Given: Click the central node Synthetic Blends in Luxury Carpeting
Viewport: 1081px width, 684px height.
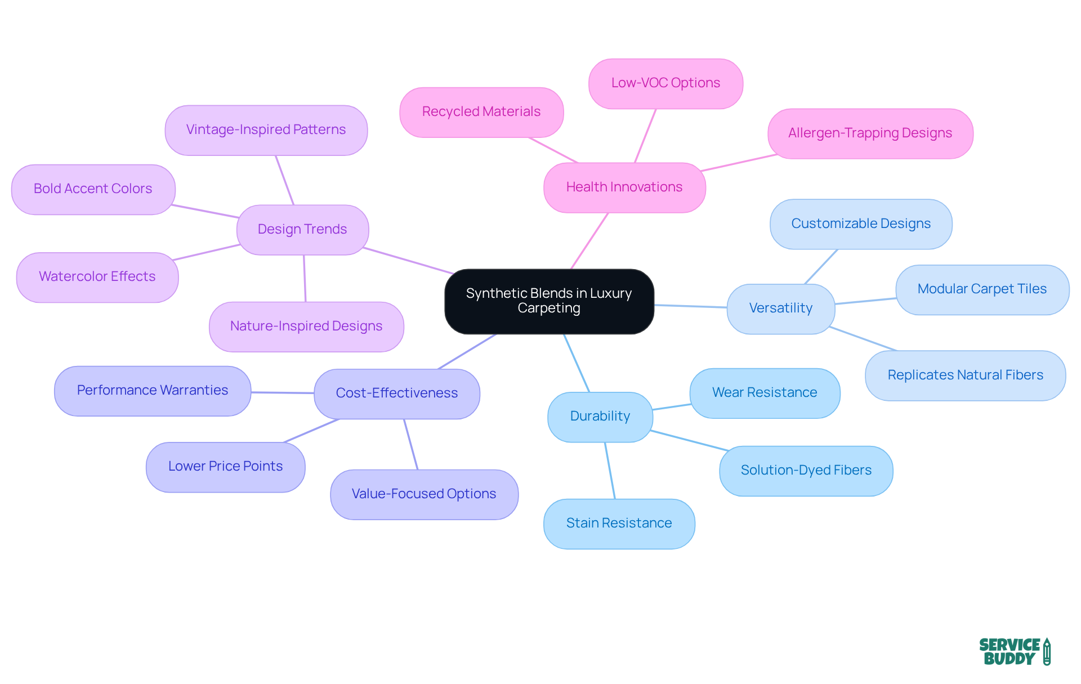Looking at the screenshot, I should point(549,301).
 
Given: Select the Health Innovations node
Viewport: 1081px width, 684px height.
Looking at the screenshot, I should point(624,187).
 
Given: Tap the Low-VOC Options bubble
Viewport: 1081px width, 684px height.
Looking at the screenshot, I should point(665,83).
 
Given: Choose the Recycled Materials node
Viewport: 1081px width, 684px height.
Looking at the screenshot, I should point(481,112).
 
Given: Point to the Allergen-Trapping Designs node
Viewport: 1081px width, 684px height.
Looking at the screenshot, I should point(870,133).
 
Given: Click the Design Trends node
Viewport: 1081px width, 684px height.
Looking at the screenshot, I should point(302,230).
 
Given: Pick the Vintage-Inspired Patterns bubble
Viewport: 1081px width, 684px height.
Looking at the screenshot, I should point(266,130).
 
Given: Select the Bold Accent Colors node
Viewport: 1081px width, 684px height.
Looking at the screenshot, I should point(93,189).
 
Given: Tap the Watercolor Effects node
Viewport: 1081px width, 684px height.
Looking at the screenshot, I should point(97,277).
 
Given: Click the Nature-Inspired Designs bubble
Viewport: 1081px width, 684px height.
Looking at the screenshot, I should point(306,327).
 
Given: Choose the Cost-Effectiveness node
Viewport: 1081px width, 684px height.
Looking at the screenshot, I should point(396,394).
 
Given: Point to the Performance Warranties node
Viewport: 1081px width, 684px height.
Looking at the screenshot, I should point(152,391).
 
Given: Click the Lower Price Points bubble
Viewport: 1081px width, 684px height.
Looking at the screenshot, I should point(225,467).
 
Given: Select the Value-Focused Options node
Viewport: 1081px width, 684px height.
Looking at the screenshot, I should point(423,494).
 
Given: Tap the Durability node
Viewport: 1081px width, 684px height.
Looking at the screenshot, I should point(600,417).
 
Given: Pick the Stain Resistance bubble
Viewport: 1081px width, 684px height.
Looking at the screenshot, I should point(619,524).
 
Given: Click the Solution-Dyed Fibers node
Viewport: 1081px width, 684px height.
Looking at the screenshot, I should point(806,471).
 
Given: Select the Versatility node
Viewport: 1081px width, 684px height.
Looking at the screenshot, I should point(780,309).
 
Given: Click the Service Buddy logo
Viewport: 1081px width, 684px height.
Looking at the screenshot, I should point(1014,652).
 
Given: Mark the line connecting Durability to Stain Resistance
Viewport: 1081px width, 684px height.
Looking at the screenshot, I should point(610,471).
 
